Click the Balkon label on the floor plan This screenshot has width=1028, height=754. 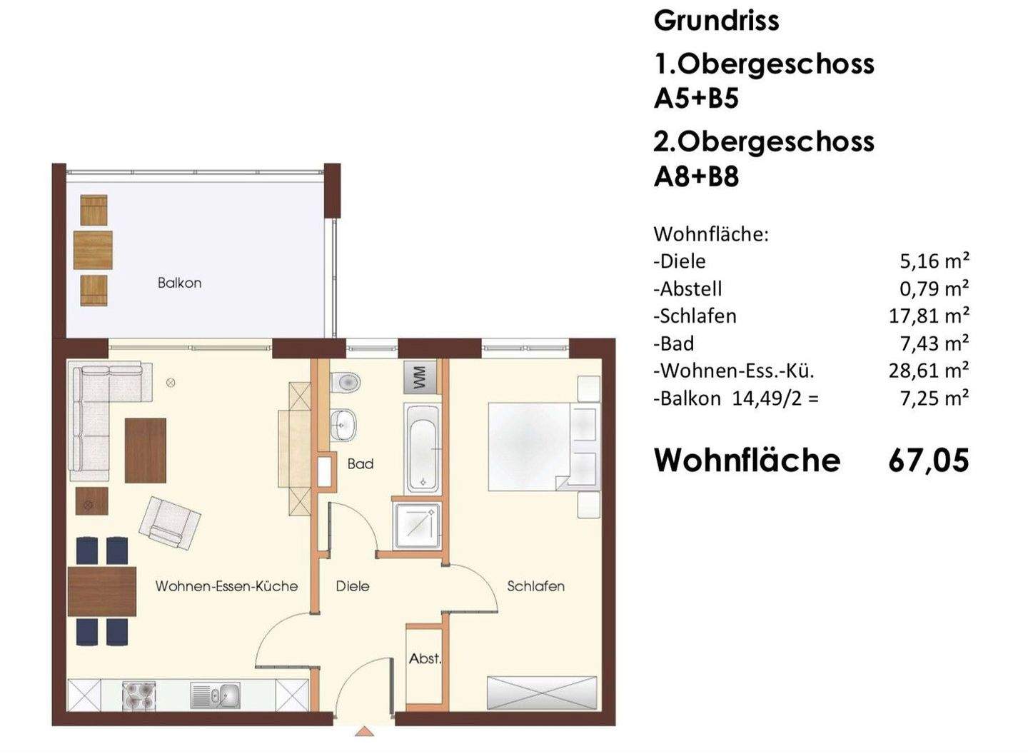pyautogui.click(x=179, y=283)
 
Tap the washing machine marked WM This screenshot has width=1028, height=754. pyautogui.click(x=420, y=376)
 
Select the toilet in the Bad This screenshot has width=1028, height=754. pyautogui.click(x=346, y=382)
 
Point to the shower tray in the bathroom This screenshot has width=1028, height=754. pyautogui.click(x=416, y=526)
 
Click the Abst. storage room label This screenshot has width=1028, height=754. pyautogui.click(x=425, y=659)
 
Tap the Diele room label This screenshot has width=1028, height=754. pyautogui.click(x=353, y=586)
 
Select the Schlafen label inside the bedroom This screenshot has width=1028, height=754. pyautogui.click(x=535, y=586)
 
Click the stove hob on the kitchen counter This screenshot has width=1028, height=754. pyautogui.click(x=139, y=696)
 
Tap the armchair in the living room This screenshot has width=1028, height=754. pyautogui.click(x=169, y=522)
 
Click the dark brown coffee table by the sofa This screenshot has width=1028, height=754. pyautogui.click(x=146, y=451)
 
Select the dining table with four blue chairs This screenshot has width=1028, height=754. pyautogui.click(x=102, y=591)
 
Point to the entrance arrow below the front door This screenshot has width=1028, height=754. pyautogui.click(x=365, y=732)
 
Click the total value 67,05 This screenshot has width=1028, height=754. pyautogui.click(x=928, y=461)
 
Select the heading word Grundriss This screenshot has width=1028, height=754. pyautogui.click(x=716, y=21)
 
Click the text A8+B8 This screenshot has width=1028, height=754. pyautogui.click(x=696, y=176)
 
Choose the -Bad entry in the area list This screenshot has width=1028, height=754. pyautogui.click(x=674, y=343)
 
